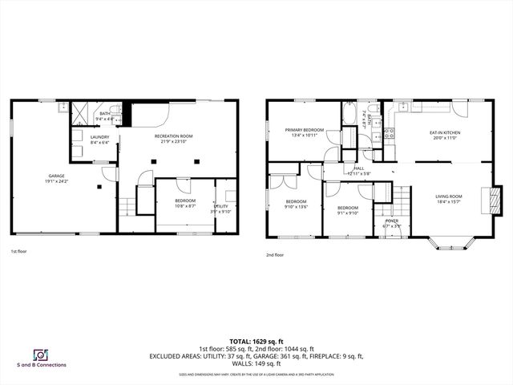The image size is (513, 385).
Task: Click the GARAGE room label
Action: [x=55, y=176]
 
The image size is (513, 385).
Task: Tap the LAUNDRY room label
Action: [x=99, y=137]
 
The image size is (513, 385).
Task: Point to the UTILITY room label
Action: [x=221, y=207]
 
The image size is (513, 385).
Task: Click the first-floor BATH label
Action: [x=105, y=114]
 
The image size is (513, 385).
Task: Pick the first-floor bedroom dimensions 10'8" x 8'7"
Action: [x=184, y=207]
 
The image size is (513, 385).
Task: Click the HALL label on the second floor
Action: [x=358, y=168]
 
